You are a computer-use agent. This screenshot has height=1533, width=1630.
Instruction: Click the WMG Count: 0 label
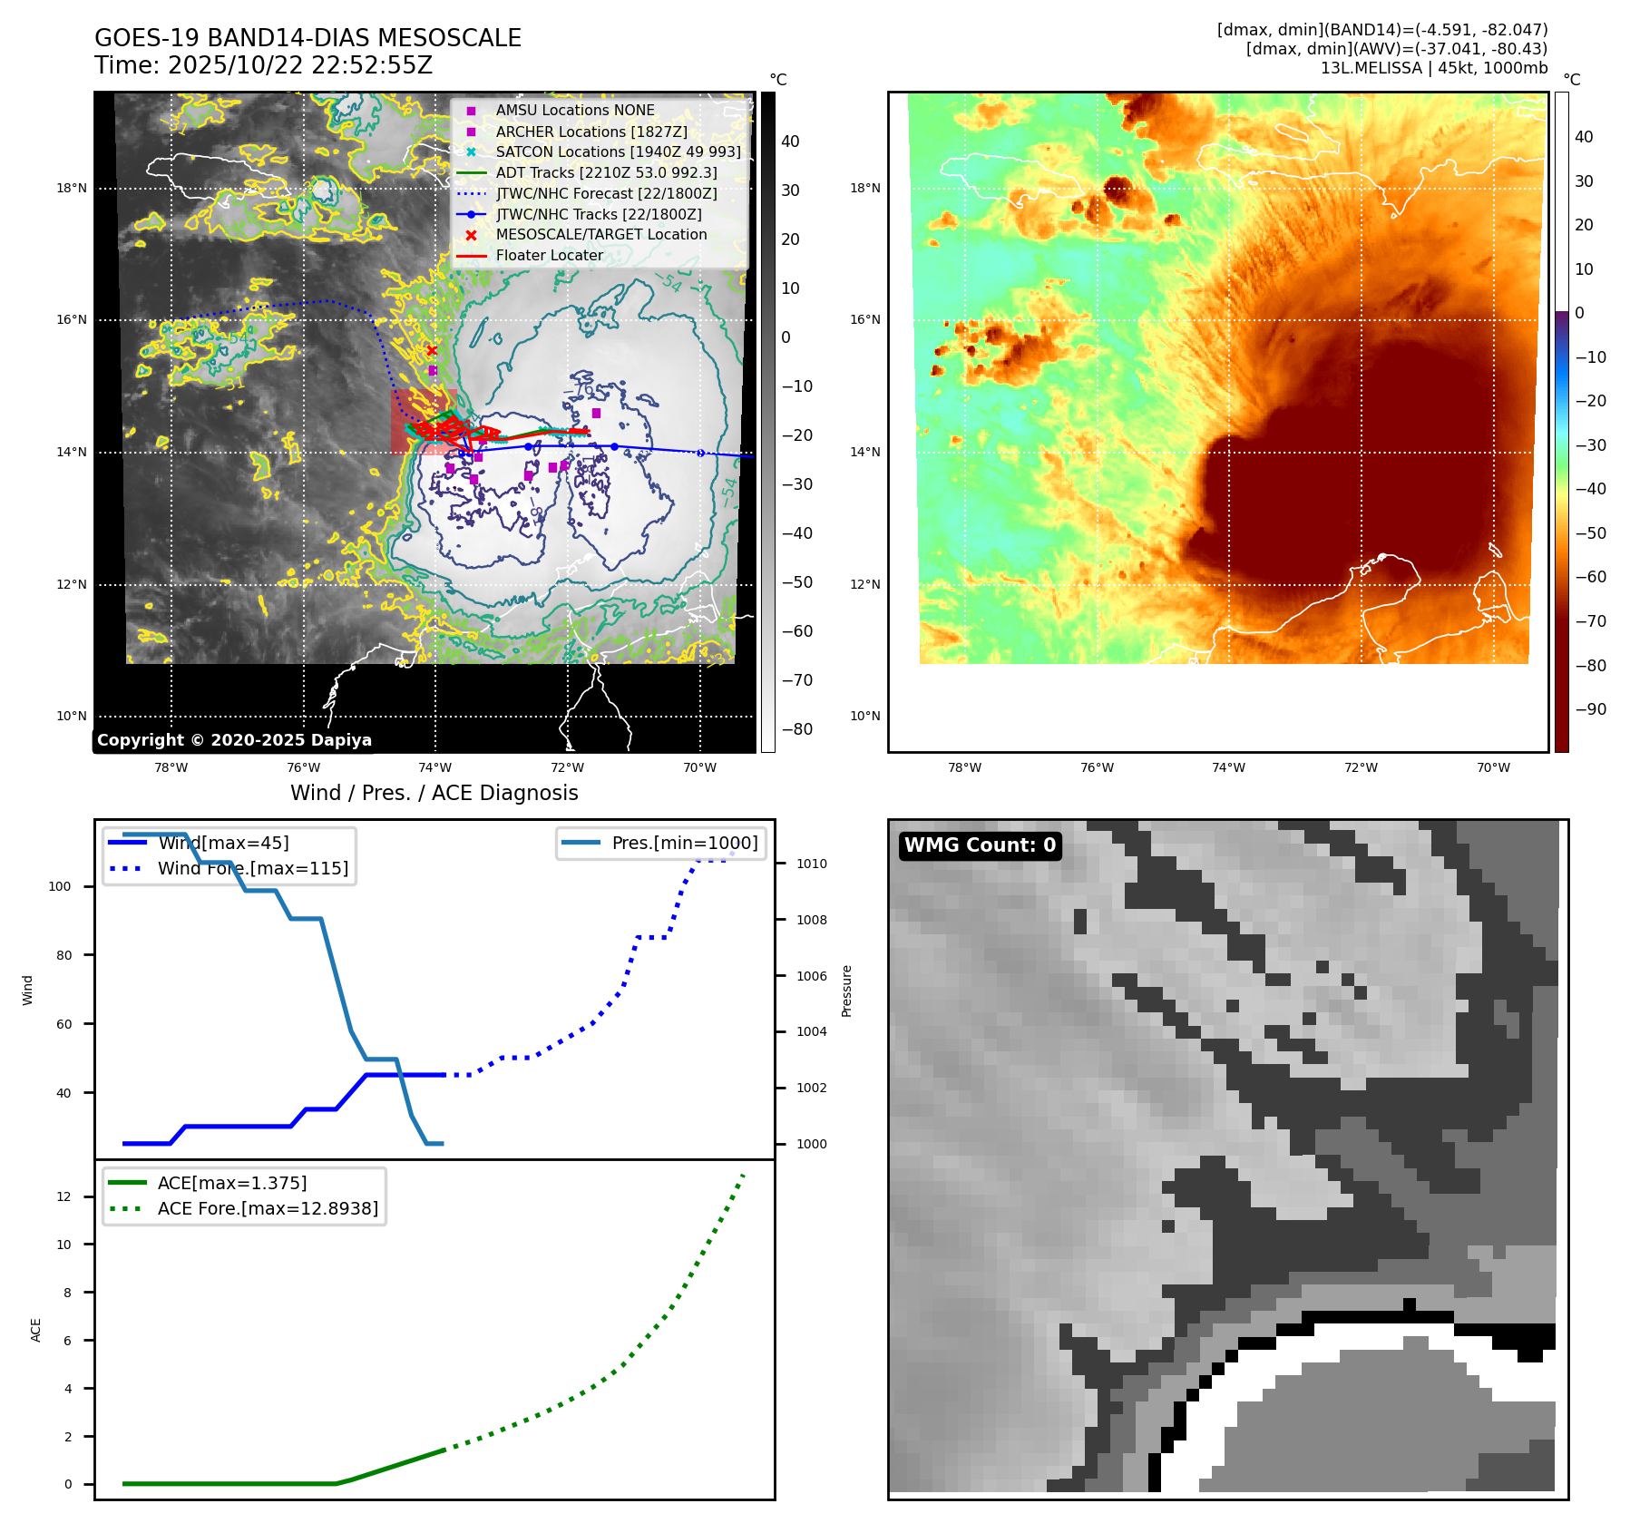[980, 845]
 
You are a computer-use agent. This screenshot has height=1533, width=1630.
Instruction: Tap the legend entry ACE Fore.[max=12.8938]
[268, 1208]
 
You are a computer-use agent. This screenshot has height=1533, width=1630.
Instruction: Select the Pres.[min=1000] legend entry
[684, 843]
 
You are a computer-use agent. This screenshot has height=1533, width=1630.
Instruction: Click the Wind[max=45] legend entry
[223, 843]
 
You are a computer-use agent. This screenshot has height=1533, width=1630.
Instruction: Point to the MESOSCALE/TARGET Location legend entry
[600, 234]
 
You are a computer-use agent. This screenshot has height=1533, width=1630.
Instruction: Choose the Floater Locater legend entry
[549, 255]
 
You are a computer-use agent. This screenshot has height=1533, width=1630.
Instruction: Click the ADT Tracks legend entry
[606, 172]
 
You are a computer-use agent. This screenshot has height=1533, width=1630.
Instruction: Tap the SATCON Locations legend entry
[618, 151]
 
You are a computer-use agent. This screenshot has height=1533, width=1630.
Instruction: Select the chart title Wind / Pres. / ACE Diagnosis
[434, 793]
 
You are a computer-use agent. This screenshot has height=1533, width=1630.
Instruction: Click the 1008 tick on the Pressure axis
[811, 920]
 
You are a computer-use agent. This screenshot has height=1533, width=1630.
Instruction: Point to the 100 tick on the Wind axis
[60, 886]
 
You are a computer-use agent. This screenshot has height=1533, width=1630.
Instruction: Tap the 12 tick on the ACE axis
[63, 1196]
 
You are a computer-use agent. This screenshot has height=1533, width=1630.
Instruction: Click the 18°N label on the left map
[72, 189]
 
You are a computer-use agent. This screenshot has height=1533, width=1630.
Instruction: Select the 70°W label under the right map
[1492, 767]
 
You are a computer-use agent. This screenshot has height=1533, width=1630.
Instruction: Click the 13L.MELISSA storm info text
[1433, 68]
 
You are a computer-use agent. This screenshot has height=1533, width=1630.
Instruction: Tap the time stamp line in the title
[263, 65]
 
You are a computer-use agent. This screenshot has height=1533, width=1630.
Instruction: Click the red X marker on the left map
[432, 350]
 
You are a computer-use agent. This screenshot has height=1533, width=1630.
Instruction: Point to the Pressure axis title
[846, 991]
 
